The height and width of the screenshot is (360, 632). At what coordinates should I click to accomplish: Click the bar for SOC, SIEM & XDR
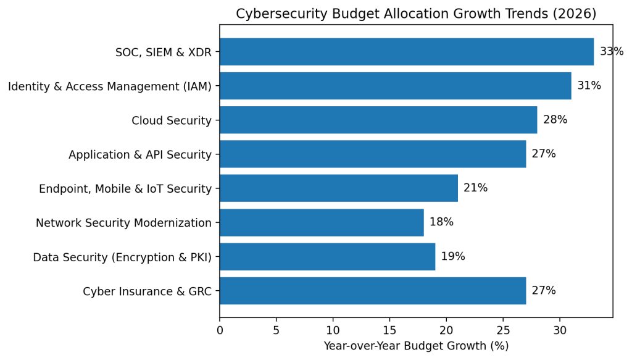click(x=406, y=52)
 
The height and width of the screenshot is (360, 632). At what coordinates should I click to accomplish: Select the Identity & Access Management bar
click(x=395, y=86)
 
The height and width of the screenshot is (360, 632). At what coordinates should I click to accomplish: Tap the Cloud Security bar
click(x=378, y=120)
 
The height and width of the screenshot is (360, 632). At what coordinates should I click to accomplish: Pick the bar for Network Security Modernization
click(x=322, y=222)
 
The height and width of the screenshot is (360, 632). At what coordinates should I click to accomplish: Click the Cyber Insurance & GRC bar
click(x=372, y=291)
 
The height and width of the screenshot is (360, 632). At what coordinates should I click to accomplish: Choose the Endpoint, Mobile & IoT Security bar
click(x=338, y=188)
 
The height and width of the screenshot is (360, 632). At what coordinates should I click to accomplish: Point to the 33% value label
click(x=611, y=52)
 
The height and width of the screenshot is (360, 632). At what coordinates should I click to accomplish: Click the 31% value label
click(x=589, y=86)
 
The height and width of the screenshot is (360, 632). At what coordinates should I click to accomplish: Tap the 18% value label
click(x=441, y=222)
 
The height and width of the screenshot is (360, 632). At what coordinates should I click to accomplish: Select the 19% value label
click(x=452, y=256)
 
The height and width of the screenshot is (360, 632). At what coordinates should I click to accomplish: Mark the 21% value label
click(x=475, y=188)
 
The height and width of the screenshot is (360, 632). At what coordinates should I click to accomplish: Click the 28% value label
click(x=555, y=120)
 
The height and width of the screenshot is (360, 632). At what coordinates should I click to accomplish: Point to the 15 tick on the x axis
click(x=389, y=330)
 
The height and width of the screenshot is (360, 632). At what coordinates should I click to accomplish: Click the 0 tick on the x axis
click(x=220, y=330)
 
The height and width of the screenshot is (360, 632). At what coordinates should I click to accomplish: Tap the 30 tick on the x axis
click(x=560, y=330)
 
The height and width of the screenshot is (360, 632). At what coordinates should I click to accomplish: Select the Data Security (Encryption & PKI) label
click(x=122, y=257)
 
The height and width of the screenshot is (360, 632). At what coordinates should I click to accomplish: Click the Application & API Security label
click(x=140, y=154)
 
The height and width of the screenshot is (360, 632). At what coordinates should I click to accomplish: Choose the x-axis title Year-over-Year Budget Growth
click(x=416, y=346)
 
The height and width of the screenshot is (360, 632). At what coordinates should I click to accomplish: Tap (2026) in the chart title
click(x=576, y=14)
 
